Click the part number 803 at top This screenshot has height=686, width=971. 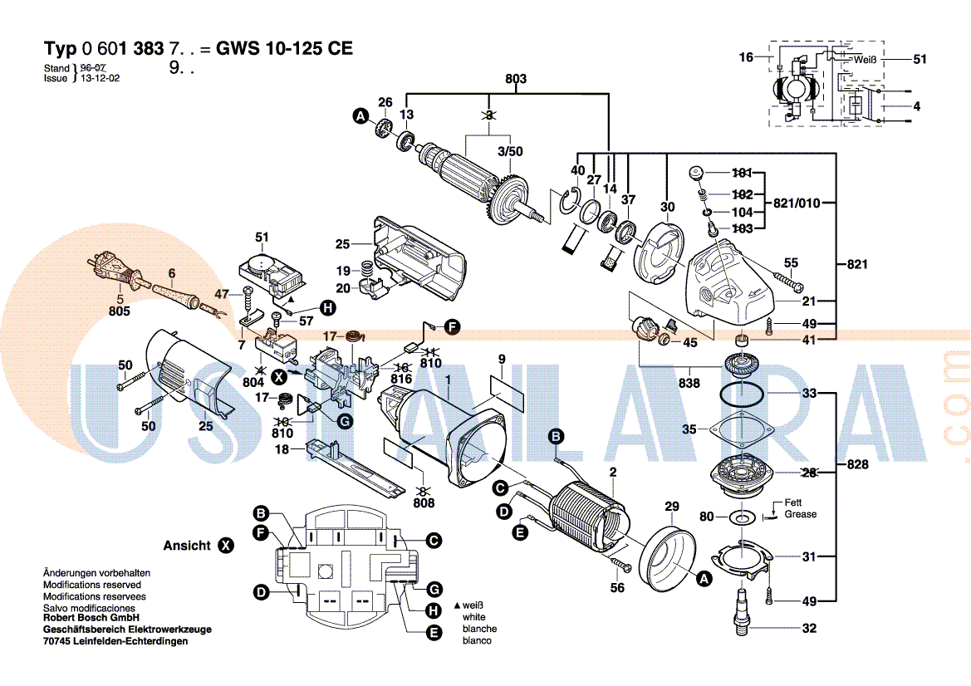click(515, 79)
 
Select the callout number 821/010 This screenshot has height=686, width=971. click(797, 203)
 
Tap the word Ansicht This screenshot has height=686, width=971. click(187, 546)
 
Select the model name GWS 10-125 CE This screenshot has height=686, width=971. click(284, 48)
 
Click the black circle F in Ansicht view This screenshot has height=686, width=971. click(262, 532)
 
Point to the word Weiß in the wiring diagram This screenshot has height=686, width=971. click(866, 60)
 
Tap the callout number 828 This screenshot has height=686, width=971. click(857, 464)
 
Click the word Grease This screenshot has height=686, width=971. click(800, 514)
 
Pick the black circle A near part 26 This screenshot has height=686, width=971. click(360, 115)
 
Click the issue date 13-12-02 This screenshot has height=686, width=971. click(100, 78)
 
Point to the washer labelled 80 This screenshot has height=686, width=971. click(740, 516)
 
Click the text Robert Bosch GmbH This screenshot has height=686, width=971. click(91, 618)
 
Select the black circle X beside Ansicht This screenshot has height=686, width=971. click(227, 546)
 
